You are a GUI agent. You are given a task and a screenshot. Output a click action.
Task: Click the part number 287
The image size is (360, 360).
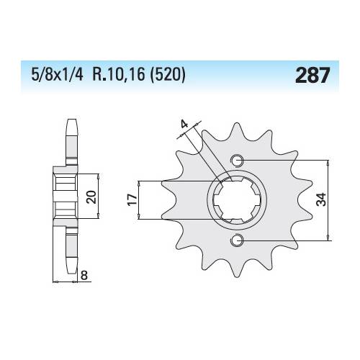(x=312, y=75)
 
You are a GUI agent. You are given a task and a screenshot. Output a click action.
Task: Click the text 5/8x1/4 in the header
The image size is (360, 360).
(x=57, y=75)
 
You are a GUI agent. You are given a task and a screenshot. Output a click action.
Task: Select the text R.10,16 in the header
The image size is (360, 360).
(x=119, y=75)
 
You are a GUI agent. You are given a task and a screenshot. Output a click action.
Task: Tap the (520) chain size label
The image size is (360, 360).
(x=167, y=75)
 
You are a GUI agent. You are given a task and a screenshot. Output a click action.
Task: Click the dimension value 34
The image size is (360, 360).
(x=321, y=199)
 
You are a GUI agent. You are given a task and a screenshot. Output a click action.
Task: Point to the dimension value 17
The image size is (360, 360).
(x=132, y=199)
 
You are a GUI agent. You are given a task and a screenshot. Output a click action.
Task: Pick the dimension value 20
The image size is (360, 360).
(x=91, y=197)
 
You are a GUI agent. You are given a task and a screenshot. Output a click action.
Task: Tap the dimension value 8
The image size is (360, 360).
(x=84, y=276)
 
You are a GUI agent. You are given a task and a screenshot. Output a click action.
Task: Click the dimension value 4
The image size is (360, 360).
(x=184, y=125)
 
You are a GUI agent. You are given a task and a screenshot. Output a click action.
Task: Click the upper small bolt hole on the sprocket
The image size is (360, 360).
(x=237, y=161)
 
